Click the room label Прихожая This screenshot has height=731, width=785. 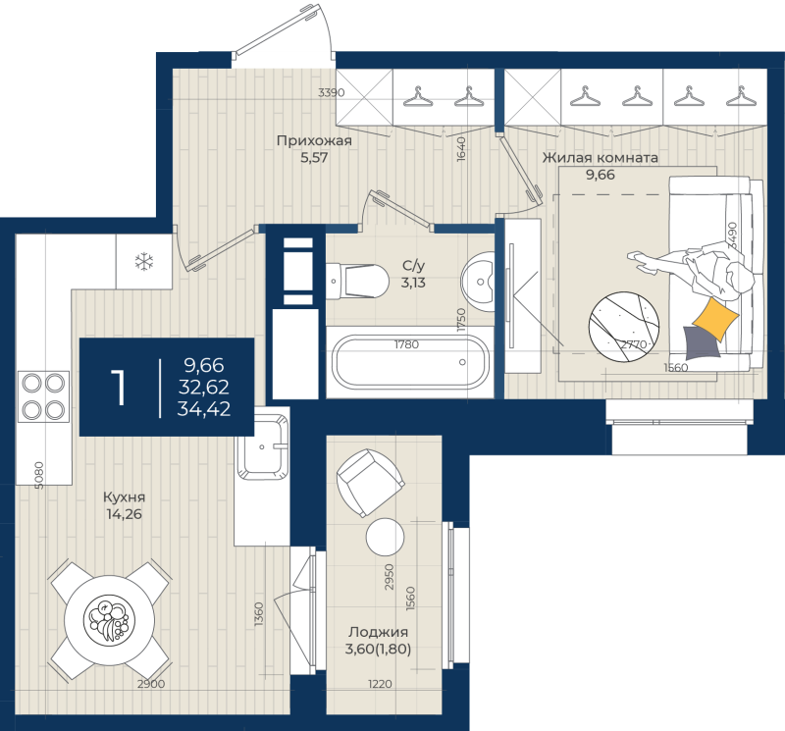pos(314,140)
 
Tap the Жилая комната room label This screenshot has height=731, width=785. pos(600,157)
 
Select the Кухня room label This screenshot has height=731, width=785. pos(123,497)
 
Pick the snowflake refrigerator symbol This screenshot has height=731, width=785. pos(144,261)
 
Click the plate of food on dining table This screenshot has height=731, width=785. pos(106,620)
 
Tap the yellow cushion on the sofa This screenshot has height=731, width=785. pos(714,317)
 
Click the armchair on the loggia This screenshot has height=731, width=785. pos(370,481)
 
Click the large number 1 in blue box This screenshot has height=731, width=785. pos(120,388)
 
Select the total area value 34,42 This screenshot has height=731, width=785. pos(204,410)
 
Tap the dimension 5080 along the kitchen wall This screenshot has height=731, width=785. pos(38,475)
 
